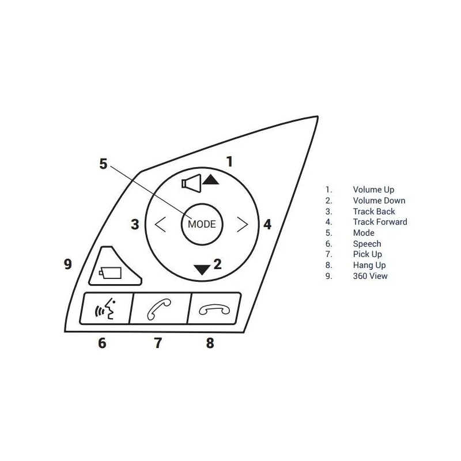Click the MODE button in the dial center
(202, 224)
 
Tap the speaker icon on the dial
(191, 183)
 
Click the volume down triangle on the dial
(202, 270)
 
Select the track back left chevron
(160, 224)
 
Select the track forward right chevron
(243, 224)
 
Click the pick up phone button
(160, 309)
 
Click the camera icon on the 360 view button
(110, 273)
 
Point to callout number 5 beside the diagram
(103, 164)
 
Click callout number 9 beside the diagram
(68, 264)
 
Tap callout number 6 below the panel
(102, 343)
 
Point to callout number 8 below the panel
(210, 343)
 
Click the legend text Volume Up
(373, 190)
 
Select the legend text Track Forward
(380, 222)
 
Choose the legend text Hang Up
(369, 265)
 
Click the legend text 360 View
(370, 276)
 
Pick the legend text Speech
(367, 244)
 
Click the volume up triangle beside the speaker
(210, 179)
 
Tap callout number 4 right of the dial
(267, 224)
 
